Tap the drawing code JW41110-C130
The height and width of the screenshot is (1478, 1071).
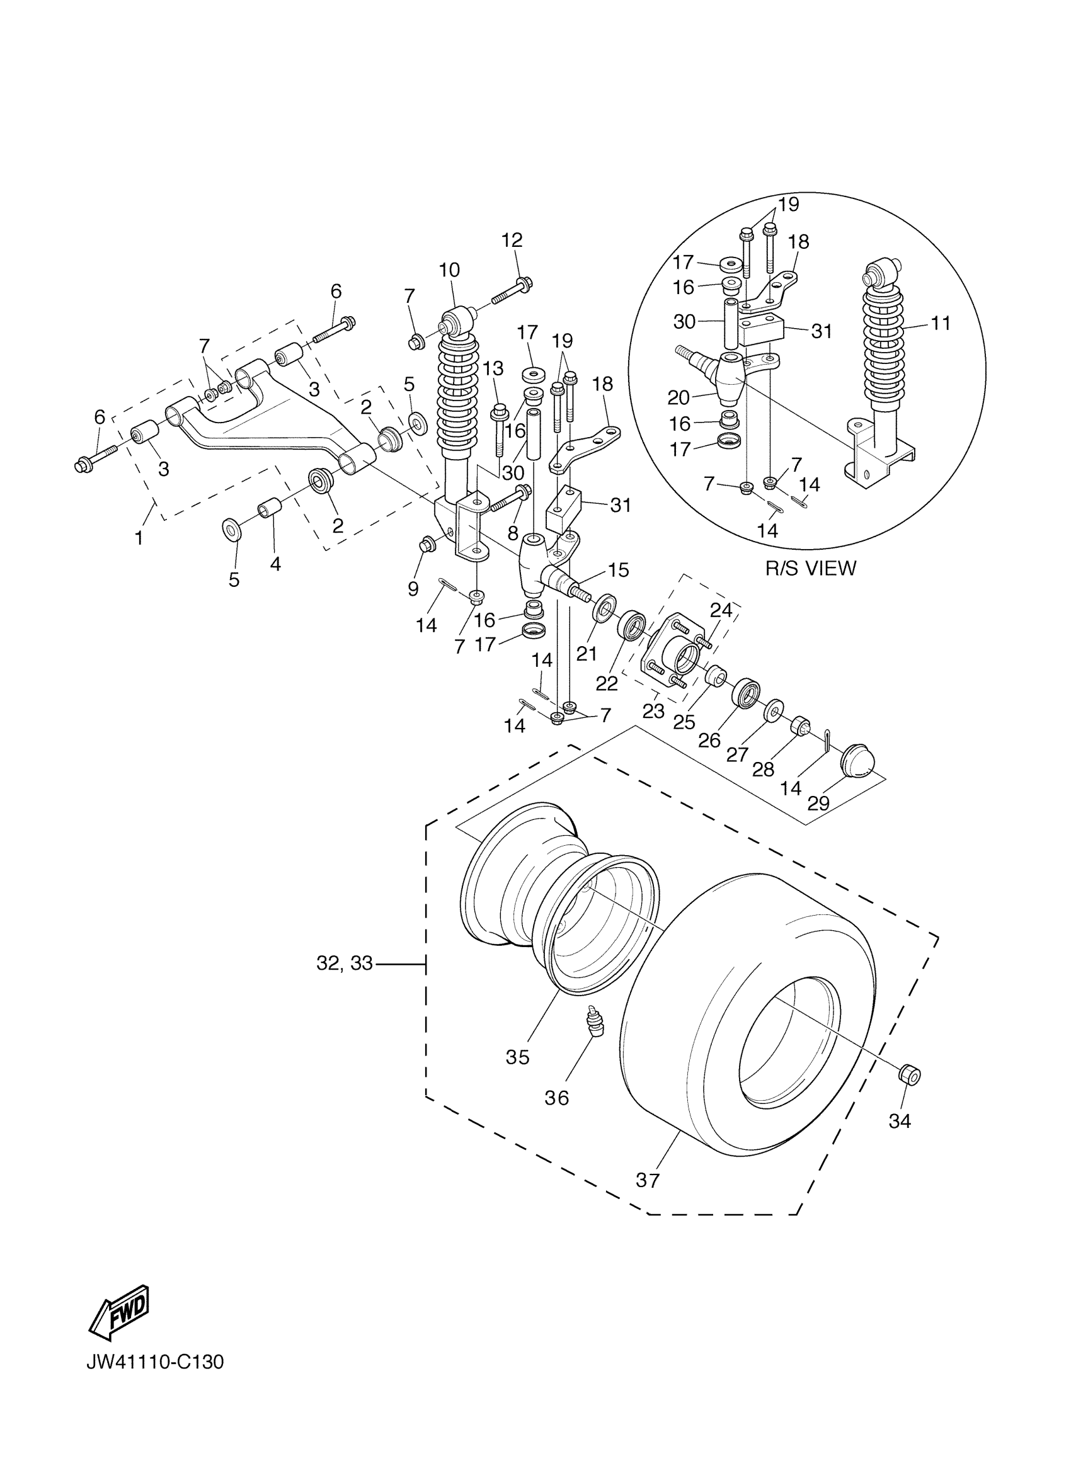point(155,1380)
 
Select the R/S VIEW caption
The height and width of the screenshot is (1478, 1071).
point(810,568)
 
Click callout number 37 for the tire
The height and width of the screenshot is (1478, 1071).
point(647,1180)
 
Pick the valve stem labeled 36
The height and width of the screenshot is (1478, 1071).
point(594,1023)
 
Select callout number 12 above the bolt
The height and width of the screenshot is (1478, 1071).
point(512,240)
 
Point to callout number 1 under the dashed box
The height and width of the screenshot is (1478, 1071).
point(138,538)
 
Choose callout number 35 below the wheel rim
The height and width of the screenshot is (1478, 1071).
point(518,1057)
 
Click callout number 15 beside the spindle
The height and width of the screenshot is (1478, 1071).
point(618,569)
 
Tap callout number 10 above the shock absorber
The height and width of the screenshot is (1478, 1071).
point(449,269)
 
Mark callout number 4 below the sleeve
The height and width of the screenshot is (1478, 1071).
point(275,564)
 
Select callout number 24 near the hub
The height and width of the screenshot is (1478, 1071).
point(720,610)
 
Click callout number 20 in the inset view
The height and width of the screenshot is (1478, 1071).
point(679,397)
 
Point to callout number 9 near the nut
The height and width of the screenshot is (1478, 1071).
point(413,588)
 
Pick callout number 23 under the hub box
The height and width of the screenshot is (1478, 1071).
point(653,711)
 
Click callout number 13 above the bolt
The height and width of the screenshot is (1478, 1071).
point(493,368)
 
